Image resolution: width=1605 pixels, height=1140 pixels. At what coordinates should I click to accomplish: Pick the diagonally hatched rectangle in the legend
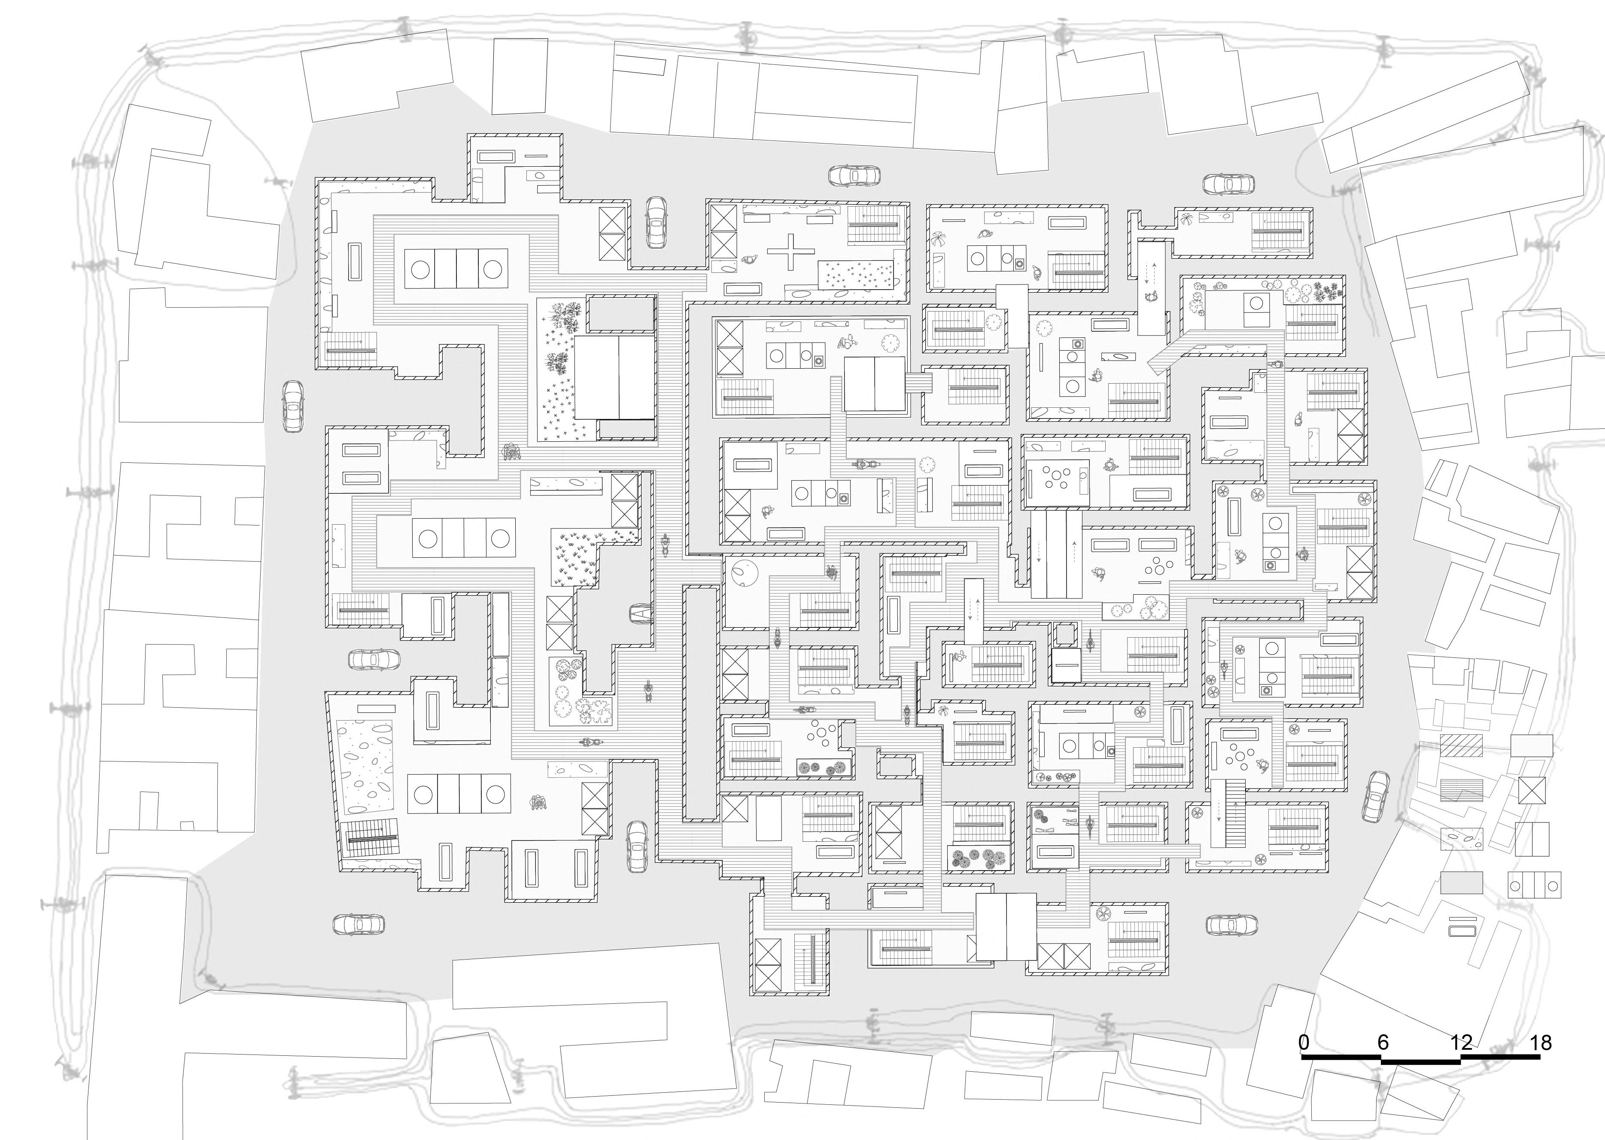click(1461, 745)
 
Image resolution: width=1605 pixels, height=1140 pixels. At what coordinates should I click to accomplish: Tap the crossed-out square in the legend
click(1533, 790)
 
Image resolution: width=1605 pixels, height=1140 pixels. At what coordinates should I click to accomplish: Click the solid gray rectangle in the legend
click(1461, 882)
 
